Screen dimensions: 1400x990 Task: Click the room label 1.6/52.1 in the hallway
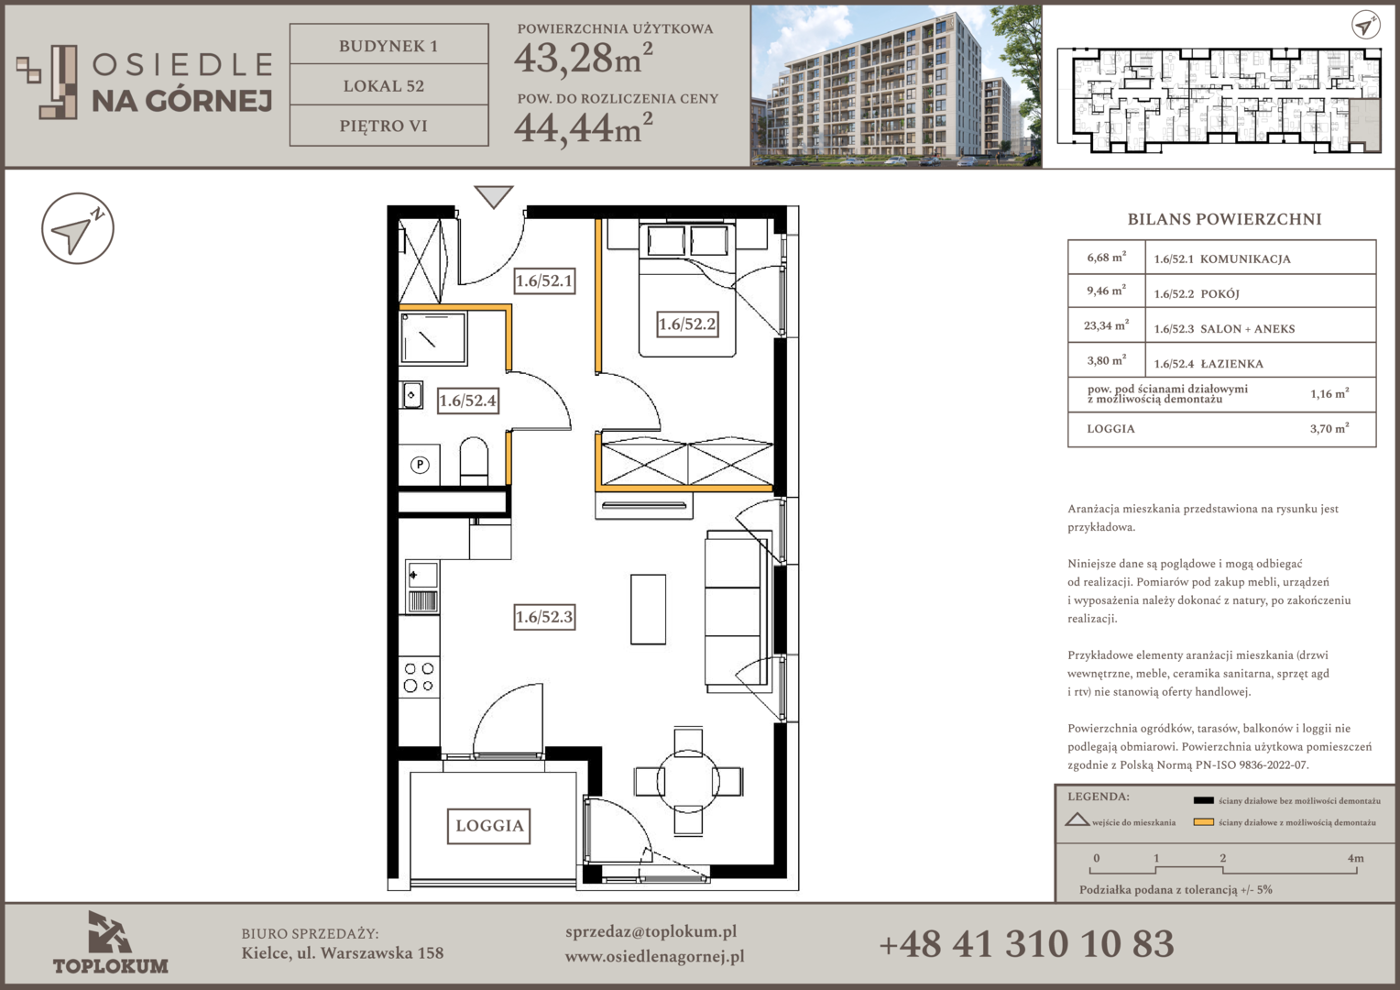pos(544,280)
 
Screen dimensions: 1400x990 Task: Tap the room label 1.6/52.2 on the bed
pos(687,324)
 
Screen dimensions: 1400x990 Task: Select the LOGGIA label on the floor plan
pos(489,826)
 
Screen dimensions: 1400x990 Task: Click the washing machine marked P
pos(420,465)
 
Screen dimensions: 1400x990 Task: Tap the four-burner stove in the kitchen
pos(420,677)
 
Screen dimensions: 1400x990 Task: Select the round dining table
pos(688,781)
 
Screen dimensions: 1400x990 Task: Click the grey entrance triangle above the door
pos(494,196)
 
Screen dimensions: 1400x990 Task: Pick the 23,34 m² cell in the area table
pos(1106,325)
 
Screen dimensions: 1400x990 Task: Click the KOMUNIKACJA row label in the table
pos(1245,258)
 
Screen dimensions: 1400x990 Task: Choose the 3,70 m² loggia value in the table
pos(1329,428)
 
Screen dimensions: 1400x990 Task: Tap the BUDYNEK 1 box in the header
pos(388,46)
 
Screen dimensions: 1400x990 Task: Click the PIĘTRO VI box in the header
pos(388,126)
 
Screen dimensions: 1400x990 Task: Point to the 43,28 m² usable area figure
pos(583,58)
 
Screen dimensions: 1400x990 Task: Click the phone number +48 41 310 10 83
pos(1026,944)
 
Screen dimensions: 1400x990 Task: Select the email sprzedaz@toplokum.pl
pos(651,932)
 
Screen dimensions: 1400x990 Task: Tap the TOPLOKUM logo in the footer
pos(110,943)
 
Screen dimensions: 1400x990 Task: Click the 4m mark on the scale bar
pos(1356,858)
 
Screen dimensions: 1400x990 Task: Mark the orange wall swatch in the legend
pos(1203,822)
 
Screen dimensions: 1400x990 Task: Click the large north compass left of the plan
pos(78,228)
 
